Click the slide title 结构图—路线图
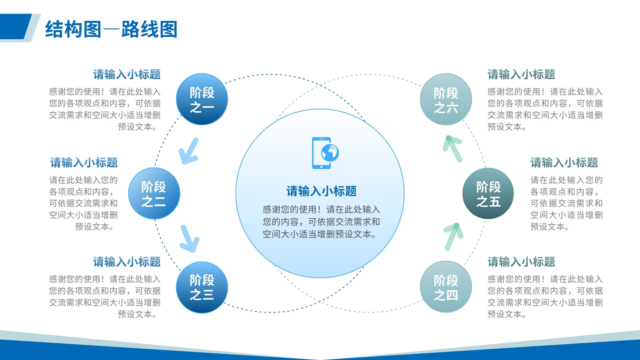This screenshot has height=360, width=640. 111,29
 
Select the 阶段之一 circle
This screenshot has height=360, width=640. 202,99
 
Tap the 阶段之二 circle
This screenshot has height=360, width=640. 154,194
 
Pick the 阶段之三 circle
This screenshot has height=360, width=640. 202,288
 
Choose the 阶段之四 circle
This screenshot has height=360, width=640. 446,286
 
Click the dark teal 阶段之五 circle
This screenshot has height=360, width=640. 488,194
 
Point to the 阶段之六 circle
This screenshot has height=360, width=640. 446,99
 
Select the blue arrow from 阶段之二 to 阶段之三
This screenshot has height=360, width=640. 189,238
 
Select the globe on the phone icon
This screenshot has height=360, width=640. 330,152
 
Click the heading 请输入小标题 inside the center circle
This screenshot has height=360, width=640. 322,191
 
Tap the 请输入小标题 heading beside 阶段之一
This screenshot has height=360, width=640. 127,74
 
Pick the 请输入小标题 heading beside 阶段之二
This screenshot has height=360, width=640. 84,162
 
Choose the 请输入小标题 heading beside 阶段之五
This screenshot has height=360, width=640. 564,162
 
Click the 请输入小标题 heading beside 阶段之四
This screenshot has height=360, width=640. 522,262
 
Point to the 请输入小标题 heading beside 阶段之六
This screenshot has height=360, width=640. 522,74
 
